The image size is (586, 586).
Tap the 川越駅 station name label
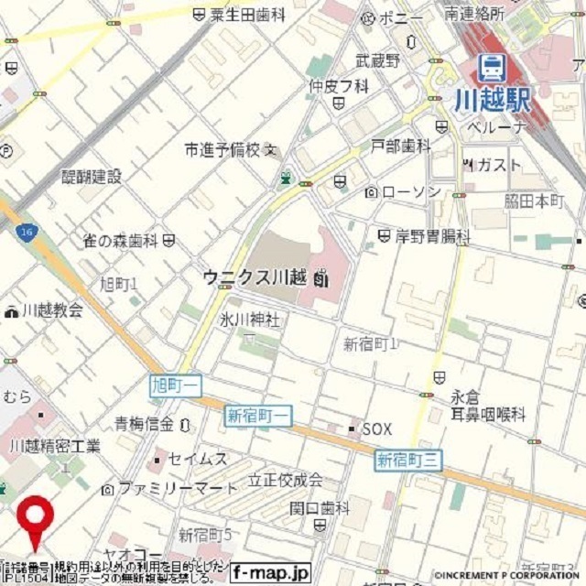click(493, 99)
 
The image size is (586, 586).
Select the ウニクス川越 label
click(256, 277)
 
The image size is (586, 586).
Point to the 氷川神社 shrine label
click(248, 320)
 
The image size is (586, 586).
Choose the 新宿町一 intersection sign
click(258, 416)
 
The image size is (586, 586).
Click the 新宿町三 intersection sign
click(408, 460)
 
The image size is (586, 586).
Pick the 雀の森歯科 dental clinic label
click(121, 241)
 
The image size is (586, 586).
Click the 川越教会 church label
click(53, 309)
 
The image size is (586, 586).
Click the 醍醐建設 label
click(91, 177)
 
